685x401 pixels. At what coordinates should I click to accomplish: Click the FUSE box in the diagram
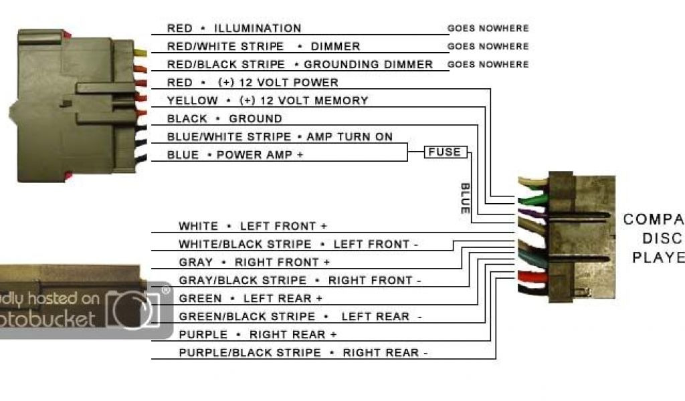pos(445,152)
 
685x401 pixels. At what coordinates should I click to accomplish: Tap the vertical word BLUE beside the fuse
pos(465,198)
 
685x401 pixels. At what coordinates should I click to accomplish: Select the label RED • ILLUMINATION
pos(234,28)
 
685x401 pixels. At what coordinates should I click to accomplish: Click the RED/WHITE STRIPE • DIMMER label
pos(264,46)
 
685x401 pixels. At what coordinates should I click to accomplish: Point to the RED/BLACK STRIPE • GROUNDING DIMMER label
pos(300,64)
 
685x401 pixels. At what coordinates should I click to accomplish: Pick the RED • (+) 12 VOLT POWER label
pos(253,82)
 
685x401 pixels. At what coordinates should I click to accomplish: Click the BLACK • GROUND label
pos(225,118)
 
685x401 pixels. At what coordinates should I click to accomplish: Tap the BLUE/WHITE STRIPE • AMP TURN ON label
pos(280,136)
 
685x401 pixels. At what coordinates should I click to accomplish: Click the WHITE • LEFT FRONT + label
pos(253,226)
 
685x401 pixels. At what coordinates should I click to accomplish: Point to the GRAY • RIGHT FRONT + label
pos(254,262)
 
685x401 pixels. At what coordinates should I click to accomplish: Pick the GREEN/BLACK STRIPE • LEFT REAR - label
pos(300,316)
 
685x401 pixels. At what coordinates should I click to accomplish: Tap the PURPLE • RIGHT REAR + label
pos(258,334)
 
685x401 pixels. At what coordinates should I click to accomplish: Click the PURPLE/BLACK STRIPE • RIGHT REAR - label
pos(303,352)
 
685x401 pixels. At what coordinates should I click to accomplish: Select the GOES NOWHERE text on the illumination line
pos(488,29)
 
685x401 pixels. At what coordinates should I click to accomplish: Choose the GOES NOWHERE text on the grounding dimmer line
pos(488,65)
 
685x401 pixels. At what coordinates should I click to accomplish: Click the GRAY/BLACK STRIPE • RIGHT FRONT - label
pos(300,280)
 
